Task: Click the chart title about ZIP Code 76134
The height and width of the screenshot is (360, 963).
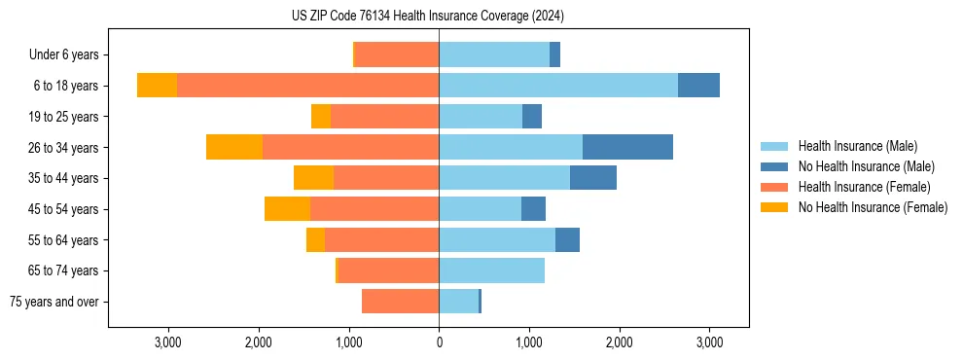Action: click(x=428, y=16)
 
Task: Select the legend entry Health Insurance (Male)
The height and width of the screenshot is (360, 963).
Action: click(x=857, y=146)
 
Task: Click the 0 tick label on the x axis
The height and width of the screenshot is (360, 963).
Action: click(x=439, y=342)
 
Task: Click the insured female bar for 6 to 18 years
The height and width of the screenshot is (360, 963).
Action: click(x=307, y=86)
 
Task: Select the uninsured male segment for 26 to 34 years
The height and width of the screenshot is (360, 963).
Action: click(x=627, y=147)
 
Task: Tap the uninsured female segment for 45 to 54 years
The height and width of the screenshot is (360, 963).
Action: click(x=287, y=209)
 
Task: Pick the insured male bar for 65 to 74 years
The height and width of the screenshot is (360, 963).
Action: click(x=491, y=270)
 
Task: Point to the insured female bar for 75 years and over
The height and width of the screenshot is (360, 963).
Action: click(x=400, y=302)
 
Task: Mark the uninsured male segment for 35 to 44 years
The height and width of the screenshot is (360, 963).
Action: click(x=593, y=178)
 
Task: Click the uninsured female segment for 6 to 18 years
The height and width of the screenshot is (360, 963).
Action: click(x=157, y=86)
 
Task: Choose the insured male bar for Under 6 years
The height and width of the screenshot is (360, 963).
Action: click(x=494, y=55)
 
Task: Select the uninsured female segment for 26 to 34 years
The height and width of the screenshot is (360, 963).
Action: click(x=234, y=147)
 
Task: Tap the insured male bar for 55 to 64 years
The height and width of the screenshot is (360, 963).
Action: click(x=497, y=239)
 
